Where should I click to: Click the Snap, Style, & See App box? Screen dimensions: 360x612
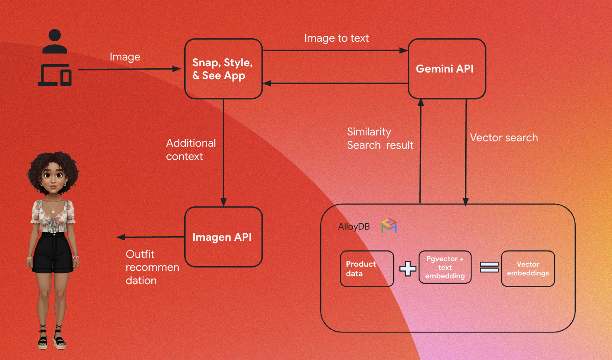pyautogui.click(x=223, y=69)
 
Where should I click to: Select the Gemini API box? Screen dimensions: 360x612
pyautogui.click(x=446, y=69)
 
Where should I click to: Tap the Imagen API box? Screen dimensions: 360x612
pyautogui.click(x=223, y=237)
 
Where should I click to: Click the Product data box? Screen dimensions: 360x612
pyautogui.click(x=367, y=269)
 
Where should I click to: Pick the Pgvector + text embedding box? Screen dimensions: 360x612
pyautogui.click(x=445, y=267)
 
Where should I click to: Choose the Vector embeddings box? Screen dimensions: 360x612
pyautogui.click(x=528, y=269)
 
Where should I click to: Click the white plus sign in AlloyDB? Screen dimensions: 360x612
pyautogui.click(x=408, y=269)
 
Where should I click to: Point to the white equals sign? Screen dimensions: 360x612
pyautogui.click(x=489, y=267)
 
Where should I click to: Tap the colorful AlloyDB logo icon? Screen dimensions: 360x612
pyautogui.click(x=389, y=226)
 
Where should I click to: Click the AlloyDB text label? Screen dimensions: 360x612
pyautogui.click(x=354, y=227)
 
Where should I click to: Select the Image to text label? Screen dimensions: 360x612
pyautogui.click(x=336, y=38)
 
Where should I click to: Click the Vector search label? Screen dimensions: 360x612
pyautogui.click(x=504, y=138)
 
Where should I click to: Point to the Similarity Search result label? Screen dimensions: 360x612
pyautogui.click(x=380, y=139)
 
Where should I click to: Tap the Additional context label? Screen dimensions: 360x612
pyautogui.click(x=191, y=150)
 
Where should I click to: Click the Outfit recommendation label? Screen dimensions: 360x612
pyautogui.click(x=152, y=267)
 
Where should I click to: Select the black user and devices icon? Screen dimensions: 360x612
pyautogui.click(x=55, y=58)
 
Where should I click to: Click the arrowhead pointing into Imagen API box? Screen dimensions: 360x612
pyautogui.click(x=223, y=202)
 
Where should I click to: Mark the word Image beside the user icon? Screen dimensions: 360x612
pyautogui.click(x=125, y=57)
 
